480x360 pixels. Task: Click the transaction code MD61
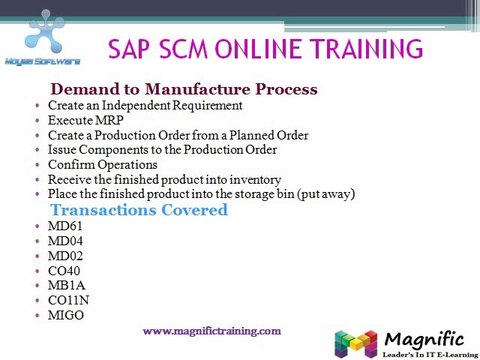click(x=65, y=226)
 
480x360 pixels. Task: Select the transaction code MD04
click(x=65, y=241)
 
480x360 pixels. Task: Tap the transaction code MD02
click(x=65, y=256)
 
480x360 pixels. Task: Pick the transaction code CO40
click(x=64, y=271)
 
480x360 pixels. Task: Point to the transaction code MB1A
click(x=67, y=285)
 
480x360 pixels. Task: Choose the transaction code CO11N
click(x=68, y=300)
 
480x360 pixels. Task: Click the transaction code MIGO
click(x=66, y=315)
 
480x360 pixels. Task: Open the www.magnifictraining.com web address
click(x=212, y=331)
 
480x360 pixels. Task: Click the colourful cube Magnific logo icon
click(x=356, y=344)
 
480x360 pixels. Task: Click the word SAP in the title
click(x=129, y=49)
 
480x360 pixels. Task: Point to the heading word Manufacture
click(x=197, y=89)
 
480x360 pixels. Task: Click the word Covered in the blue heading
click(x=195, y=210)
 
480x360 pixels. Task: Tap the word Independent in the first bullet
click(x=136, y=106)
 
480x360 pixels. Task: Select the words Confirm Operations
click(x=103, y=165)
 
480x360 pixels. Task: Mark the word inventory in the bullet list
click(x=255, y=180)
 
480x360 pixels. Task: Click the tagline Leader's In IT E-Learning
click(x=430, y=355)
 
